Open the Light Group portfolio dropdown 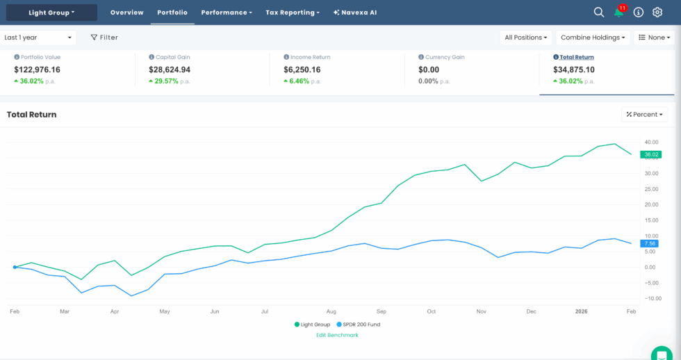pos(51,13)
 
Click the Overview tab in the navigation pos(126,13)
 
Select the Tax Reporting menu pos(293,13)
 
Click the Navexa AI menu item pos(354,13)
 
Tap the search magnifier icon pos(599,13)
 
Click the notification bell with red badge pos(618,13)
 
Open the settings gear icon pos(657,13)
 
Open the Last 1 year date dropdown pos(38,38)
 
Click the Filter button pos(105,38)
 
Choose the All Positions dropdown pos(525,38)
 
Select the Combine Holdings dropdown pos(593,38)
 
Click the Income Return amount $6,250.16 pos(302,69)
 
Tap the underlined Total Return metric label pos(577,57)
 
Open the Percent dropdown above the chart pos(644,114)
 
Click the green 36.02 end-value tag pos(651,154)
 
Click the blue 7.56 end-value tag pos(651,243)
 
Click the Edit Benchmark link pos(338,335)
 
